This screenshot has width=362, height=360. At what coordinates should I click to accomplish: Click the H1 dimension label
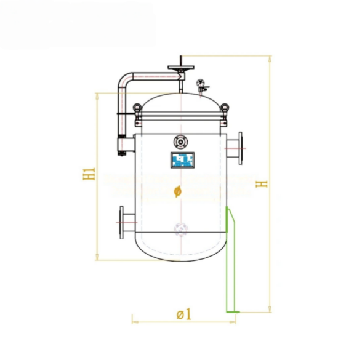point(89,174)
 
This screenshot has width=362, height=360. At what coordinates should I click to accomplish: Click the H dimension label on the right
point(261,184)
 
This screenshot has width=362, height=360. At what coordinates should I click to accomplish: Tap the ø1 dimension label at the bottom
point(184,314)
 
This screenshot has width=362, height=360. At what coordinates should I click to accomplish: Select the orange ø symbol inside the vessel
point(177,191)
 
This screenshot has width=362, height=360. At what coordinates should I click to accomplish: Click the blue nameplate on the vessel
point(182,160)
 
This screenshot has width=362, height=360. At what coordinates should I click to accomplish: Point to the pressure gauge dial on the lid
point(201,82)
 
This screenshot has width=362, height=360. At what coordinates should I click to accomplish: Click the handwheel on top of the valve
point(181,68)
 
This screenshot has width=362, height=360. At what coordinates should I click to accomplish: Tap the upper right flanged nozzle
point(235,148)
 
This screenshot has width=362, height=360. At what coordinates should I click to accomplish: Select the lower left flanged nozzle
point(127,223)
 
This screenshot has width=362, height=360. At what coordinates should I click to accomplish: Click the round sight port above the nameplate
point(180,142)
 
